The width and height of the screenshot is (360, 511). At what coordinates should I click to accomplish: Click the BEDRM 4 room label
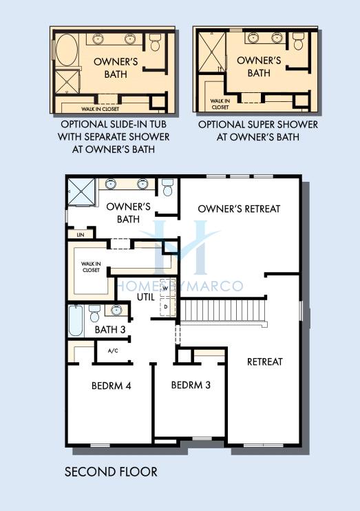tap(111, 386)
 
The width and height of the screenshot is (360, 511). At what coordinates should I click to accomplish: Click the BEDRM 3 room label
tap(191, 385)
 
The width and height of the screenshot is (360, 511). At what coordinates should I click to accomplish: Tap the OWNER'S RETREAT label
tap(239, 209)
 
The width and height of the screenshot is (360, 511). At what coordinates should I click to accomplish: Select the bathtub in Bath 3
tap(76, 321)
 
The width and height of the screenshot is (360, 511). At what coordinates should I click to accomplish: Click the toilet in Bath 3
tap(94, 313)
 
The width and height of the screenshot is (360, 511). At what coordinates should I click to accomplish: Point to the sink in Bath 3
tap(116, 310)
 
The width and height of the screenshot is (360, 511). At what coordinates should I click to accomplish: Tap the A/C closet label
tap(113, 351)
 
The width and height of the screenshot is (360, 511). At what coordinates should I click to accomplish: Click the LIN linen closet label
tap(81, 235)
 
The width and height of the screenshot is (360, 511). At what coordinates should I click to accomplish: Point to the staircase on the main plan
tap(224, 311)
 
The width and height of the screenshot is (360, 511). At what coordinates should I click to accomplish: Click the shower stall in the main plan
tap(81, 192)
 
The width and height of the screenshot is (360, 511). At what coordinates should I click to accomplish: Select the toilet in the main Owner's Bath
tap(167, 187)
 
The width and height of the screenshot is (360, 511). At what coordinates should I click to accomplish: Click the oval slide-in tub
tap(67, 50)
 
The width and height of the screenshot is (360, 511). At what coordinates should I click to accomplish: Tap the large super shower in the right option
tap(211, 52)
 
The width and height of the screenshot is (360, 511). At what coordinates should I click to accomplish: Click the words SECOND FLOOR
tap(111, 472)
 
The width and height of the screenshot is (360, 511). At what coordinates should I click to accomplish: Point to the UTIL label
tap(146, 297)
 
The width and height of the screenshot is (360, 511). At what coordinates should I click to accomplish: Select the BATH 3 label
tap(110, 329)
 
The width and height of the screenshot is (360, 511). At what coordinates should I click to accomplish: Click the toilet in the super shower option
tap(298, 41)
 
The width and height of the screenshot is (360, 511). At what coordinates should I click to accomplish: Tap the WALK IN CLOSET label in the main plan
tap(91, 267)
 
